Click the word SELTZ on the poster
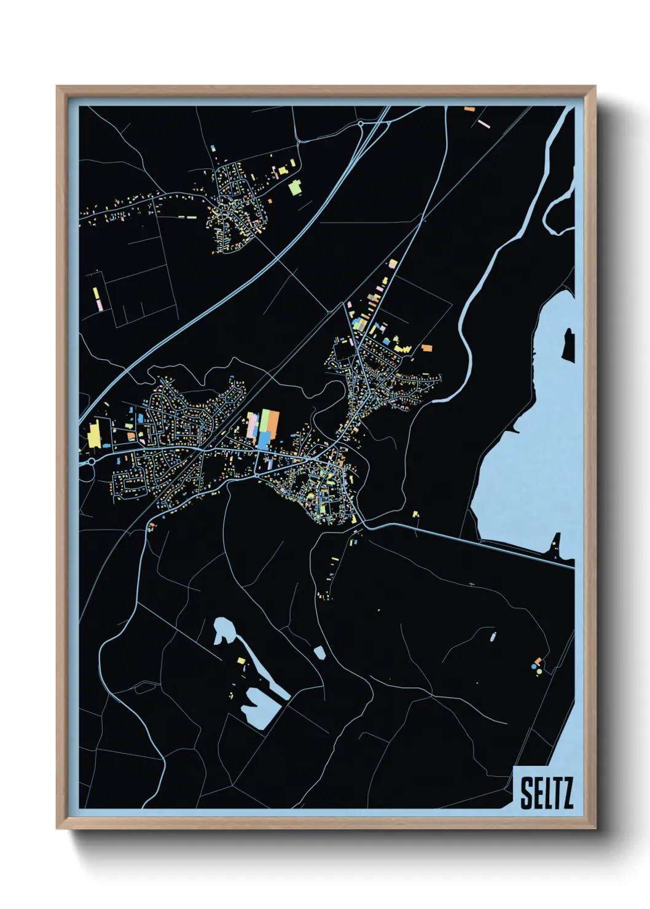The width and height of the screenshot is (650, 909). click(546, 793)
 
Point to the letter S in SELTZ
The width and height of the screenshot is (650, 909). click(527, 794)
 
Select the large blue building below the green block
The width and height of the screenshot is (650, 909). click(264, 440)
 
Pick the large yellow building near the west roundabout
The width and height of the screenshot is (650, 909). click(94, 435)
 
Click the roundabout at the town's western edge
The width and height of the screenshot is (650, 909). click(91, 461)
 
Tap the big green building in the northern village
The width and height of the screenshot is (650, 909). click(296, 187)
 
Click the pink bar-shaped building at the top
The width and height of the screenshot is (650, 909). click(484, 123)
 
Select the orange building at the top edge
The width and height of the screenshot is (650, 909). click(470, 109)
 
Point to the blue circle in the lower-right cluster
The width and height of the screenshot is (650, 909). click(533, 666)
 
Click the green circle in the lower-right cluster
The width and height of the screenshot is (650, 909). click(539, 671)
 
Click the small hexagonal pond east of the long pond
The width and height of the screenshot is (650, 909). click(319, 652)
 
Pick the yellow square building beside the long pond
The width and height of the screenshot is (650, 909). click(241, 661)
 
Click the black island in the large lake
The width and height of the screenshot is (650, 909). click(569, 345)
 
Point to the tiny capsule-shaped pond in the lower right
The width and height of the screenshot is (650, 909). click(493, 636)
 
